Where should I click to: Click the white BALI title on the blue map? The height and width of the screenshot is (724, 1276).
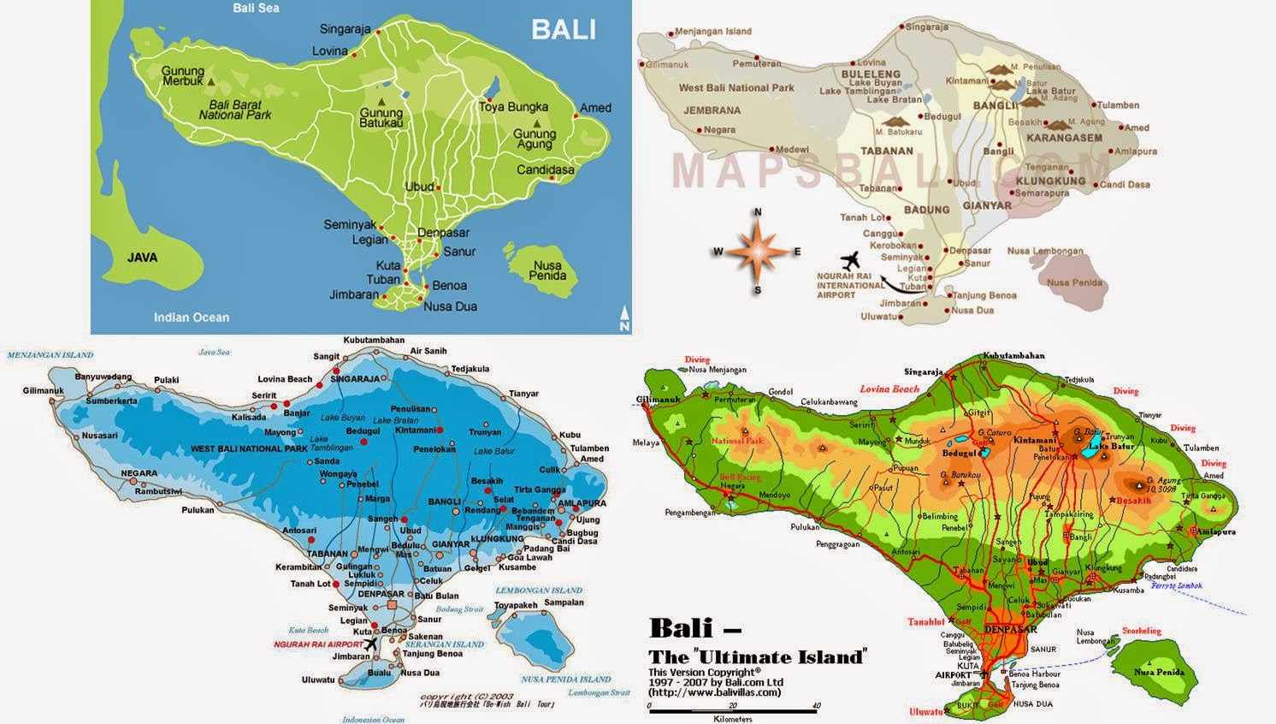point(563,29)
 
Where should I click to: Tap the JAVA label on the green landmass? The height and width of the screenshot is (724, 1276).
point(142,257)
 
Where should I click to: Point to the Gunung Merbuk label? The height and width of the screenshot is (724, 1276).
point(183,76)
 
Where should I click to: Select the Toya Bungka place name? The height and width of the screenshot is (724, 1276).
point(513,107)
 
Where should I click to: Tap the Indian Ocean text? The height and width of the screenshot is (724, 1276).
point(192,317)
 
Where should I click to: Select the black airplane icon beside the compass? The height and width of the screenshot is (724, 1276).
point(849,259)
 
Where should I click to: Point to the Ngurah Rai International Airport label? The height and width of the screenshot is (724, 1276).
point(850,285)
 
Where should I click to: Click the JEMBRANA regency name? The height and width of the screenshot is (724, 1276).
point(712,110)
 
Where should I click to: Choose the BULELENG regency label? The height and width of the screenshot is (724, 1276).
point(871,74)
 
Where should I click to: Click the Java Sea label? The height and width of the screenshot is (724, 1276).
point(214,352)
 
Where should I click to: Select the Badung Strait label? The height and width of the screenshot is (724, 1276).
point(461,609)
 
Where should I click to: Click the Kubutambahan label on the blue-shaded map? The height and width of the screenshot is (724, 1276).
point(374,340)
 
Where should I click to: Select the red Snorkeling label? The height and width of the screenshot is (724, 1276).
point(1142,631)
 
